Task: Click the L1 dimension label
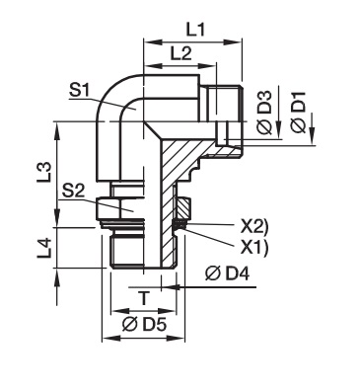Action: coord(195,31)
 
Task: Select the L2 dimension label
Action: coord(180,53)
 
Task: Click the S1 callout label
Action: coord(80,91)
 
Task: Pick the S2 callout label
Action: coord(73,192)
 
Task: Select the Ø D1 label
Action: coord(299,113)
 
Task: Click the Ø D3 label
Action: coord(264,113)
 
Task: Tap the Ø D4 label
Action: coord(227,273)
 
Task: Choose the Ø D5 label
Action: coord(144,325)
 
